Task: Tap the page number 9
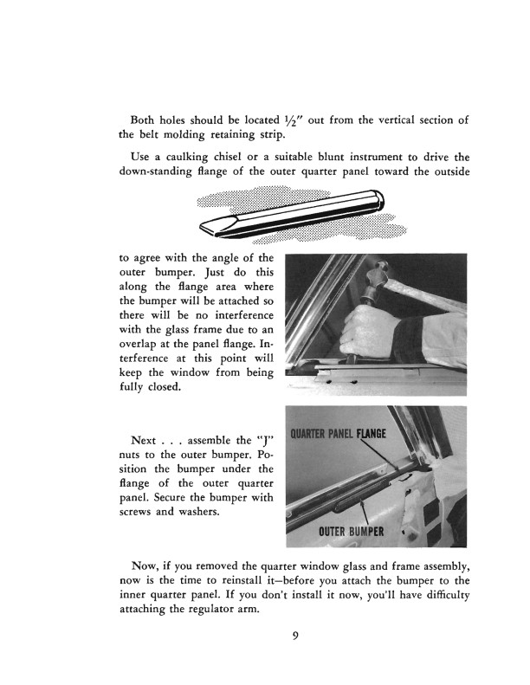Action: tap(295, 637)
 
